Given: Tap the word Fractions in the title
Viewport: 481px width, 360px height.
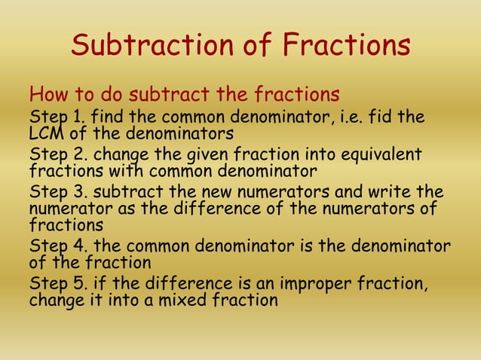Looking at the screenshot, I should [x=347, y=45].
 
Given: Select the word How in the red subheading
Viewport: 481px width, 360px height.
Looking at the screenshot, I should [x=47, y=96].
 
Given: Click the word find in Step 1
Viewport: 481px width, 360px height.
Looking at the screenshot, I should [x=106, y=118].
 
